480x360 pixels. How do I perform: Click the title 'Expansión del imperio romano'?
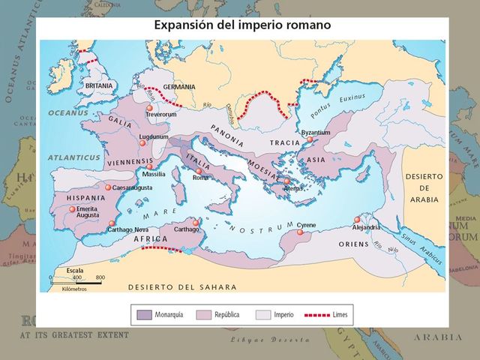coord(243,25)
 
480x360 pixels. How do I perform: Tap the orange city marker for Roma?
coord(199,171)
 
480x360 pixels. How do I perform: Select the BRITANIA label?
coord(99,87)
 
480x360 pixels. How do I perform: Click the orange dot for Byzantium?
coord(309,139)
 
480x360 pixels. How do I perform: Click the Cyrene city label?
coord(307,225)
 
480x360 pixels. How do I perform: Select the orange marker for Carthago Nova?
coord(112,223)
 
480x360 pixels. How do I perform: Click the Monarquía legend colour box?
coord(144,314)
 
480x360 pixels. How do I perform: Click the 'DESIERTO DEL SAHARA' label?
coord(182,287)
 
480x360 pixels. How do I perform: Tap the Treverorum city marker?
coord(150,109)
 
